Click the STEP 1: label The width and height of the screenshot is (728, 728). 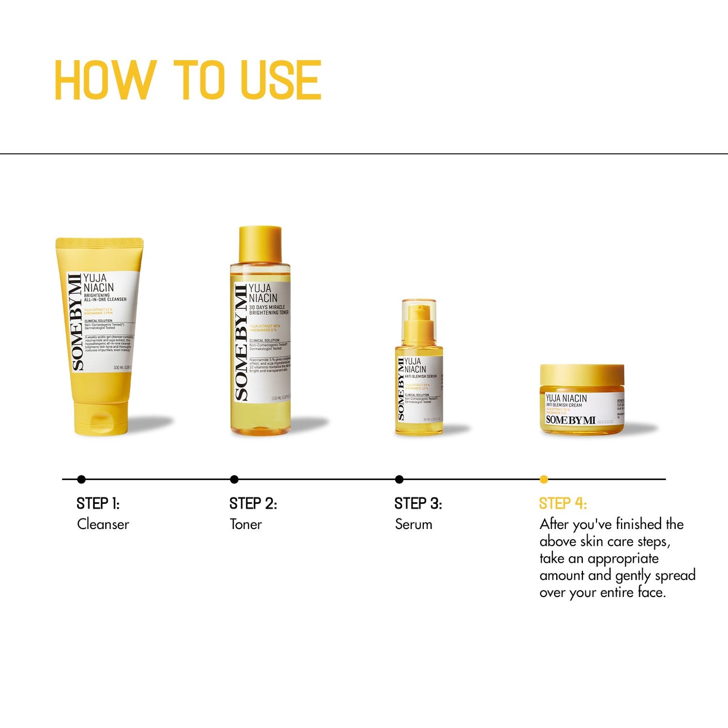pos(98,503)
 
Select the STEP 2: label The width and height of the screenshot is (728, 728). pos(253,503)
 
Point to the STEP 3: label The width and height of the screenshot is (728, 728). pos(418,503)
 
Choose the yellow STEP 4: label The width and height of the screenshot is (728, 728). pos(563,503)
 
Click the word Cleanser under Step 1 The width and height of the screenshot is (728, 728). pos(103,524)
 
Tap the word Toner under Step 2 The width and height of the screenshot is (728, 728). pos(245,524)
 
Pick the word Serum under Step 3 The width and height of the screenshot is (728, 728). pos(413,524)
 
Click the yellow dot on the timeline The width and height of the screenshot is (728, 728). pos(544,480)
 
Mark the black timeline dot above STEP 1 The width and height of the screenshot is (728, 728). pos(82,480)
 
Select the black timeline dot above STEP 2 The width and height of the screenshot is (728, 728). pos(234,480)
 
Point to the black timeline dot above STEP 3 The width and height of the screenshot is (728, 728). pos(399,480)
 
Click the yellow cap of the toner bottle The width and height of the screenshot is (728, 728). pos(260,244)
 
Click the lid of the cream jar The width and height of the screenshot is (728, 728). pos(582,375)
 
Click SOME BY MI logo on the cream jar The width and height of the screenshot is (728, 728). pos(570,420)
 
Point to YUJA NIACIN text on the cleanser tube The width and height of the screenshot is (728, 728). pos(99,283)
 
